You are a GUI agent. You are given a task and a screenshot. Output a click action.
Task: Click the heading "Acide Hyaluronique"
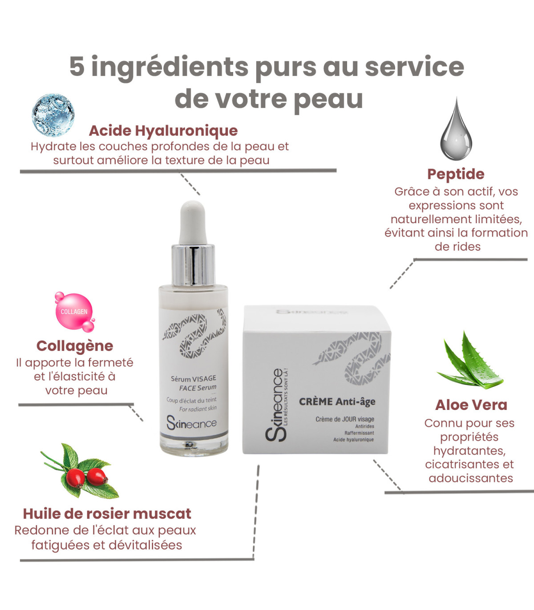pyautogui.click(x=163, y=131)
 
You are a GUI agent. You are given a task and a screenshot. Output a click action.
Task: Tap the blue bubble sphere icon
pyautogui.click(x=53, y=115)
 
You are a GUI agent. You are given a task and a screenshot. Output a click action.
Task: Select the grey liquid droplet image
pyautogui.click(x=456, y=129)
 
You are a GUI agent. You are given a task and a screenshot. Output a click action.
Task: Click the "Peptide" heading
pyautogui.click(x=456, y=174)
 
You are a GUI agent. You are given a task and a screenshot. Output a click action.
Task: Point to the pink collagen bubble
pyautogui.click(x=75, y=312)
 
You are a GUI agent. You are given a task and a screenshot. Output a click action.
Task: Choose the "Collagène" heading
pyautogui.click(x=75, y=346)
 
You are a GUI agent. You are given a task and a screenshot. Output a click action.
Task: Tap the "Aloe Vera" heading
pyautogui.click(x=471, y=405)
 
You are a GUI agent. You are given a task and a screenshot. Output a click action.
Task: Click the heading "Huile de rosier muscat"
pyautogui.click(x=107, y=514)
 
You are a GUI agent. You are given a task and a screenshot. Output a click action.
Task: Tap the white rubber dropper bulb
pyautogui.click(x=193, y=223)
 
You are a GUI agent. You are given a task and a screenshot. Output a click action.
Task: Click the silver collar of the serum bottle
pyautogui.click(x=193, y=265)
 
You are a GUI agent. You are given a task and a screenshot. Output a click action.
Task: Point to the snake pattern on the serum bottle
pyautogui.click(x=194, y=333)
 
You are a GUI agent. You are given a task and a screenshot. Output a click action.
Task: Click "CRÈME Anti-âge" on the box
pyautogui.click(x=337, y=402)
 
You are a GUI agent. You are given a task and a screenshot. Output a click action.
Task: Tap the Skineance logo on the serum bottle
pyautogui.click(x=191, y=424)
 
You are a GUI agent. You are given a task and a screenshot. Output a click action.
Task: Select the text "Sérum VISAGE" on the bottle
pyautogui.click(x=193, y=379)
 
